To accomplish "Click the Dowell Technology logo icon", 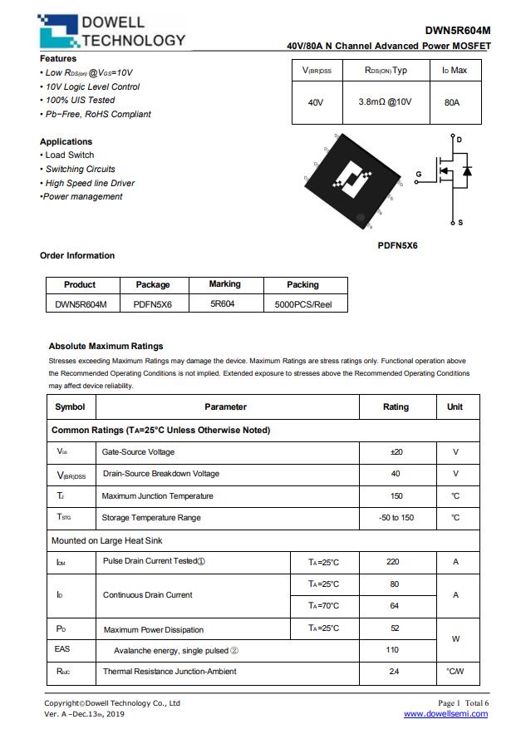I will pyautogui.click(x=59, y=32).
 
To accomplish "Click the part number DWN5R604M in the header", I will pyautogui.click(x=457, y=31).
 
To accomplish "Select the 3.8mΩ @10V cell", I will pyautogui.click(x=385, y=102).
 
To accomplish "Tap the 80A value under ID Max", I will pyautogui.click(x=452, y=102).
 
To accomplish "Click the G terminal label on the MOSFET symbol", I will pyautogui.click(x=419, y=174).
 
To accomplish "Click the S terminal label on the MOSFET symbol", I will pyautogui.click(x=460, y=223).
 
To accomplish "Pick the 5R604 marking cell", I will pyautogui.click(x=223, y=304).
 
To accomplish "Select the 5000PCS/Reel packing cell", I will pyautogui.click(x=302, y=304).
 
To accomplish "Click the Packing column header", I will pyautogui.click(x=302, y=284).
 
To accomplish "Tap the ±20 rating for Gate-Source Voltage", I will pyautogui.click(x=396, y=452).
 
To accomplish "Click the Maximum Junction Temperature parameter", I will pyautogui.click(x=157, y=496).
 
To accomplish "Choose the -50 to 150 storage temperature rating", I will pyautogui.click(x=396, y=518).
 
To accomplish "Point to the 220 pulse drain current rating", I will pyautogui.click(x=393, y=562).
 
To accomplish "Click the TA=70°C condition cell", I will pyautogui.click(x=323, y=606).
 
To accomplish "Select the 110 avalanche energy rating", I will pyautogui.click(x=393, y=650).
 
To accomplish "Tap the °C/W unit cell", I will pyautogui.click(x=455, y=671).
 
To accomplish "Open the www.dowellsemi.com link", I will pyautogui.click(x=446, y=714).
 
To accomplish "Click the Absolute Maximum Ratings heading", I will pyautogui.click(x=106, y=346).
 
